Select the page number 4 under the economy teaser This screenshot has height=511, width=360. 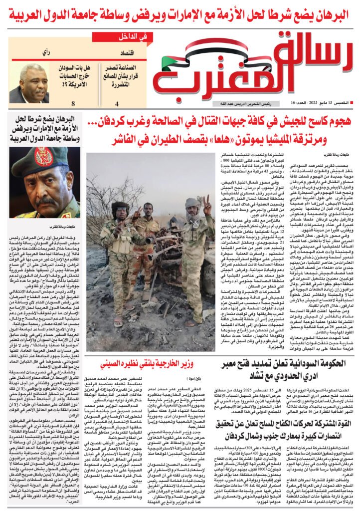[117, 104]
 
